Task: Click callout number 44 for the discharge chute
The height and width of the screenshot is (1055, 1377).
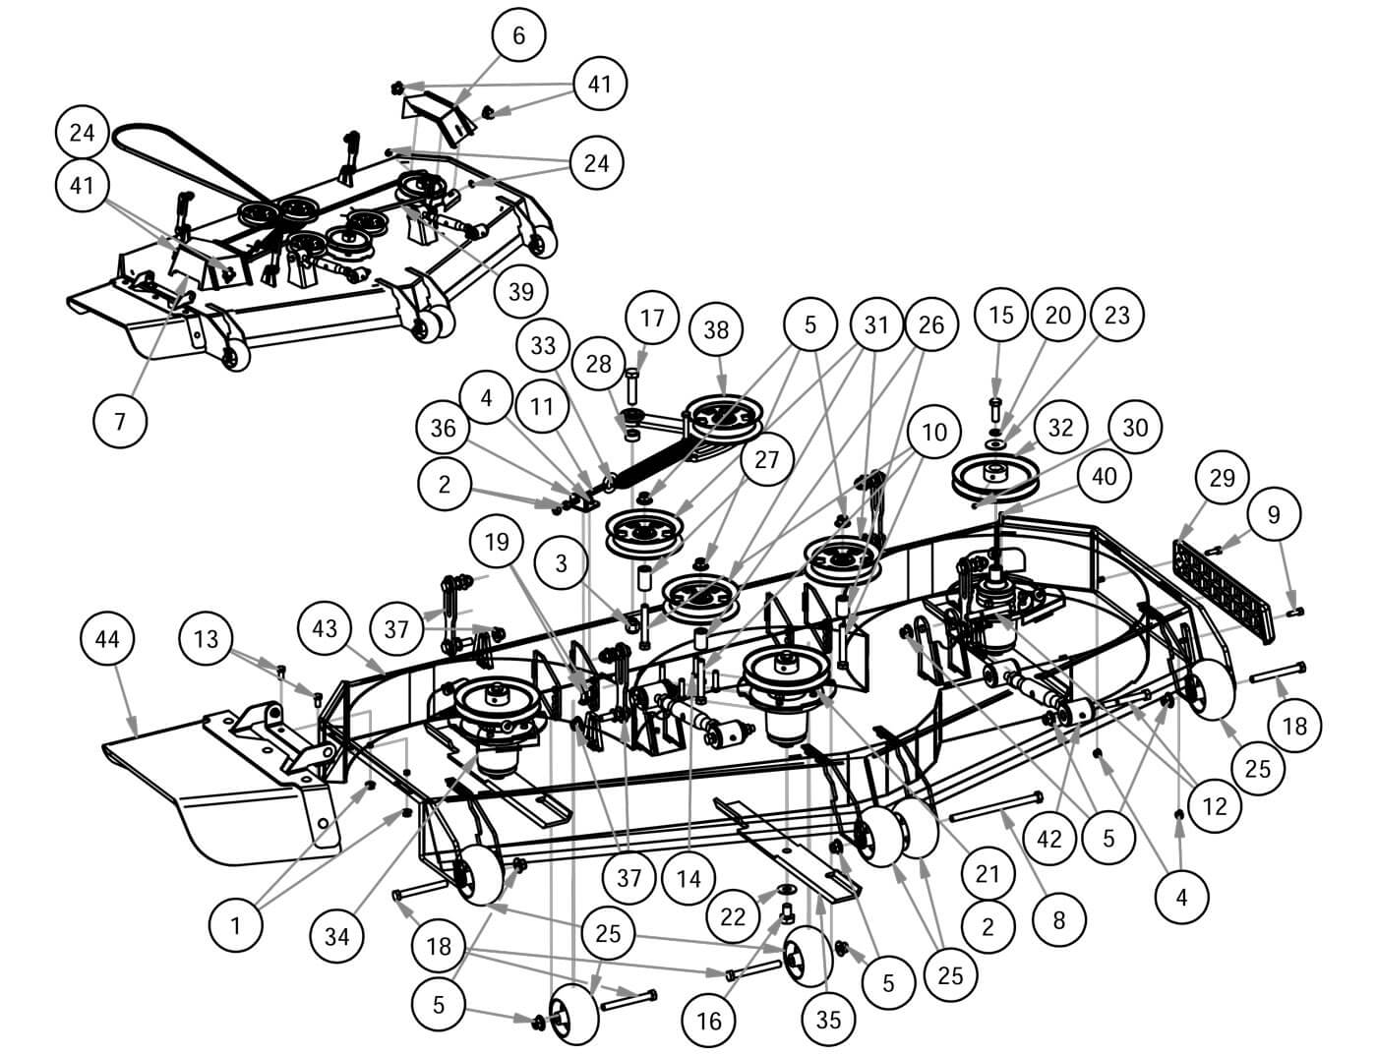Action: point(106,639)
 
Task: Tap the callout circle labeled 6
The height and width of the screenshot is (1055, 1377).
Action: point(518,35)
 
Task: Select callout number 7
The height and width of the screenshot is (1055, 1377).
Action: point(120,422)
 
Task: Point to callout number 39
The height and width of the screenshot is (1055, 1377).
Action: point(521,290)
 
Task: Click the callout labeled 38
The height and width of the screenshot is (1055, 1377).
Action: point(717,330)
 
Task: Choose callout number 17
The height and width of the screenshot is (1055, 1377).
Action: point(651,318)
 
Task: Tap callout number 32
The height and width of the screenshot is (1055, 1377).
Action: point(1060,427)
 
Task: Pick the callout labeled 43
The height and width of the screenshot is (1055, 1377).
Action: point(325,628)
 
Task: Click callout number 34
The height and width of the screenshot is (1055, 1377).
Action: point(336,936)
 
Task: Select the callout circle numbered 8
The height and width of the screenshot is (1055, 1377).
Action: point(1058,921)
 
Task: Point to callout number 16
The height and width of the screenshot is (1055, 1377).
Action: point(709,1021)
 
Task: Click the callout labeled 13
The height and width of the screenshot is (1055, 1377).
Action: point(208,638)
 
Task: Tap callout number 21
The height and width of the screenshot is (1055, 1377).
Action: point(988,873)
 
